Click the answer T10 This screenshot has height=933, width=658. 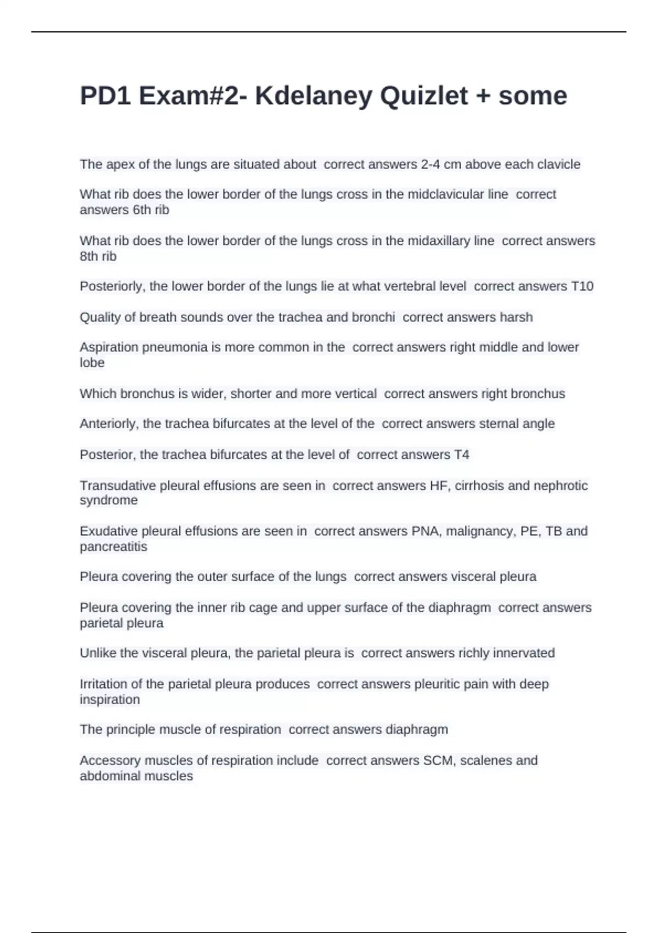[x=582, y=286]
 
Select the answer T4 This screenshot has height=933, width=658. [x=462, y=455]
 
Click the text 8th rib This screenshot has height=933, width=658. [x=98, y=256]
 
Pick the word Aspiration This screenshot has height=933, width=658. [x=109, y=347]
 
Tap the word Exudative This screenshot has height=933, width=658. [x=109, y=531]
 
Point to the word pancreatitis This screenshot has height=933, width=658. [x=114, y=547]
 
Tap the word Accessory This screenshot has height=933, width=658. [x=107, y=761]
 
